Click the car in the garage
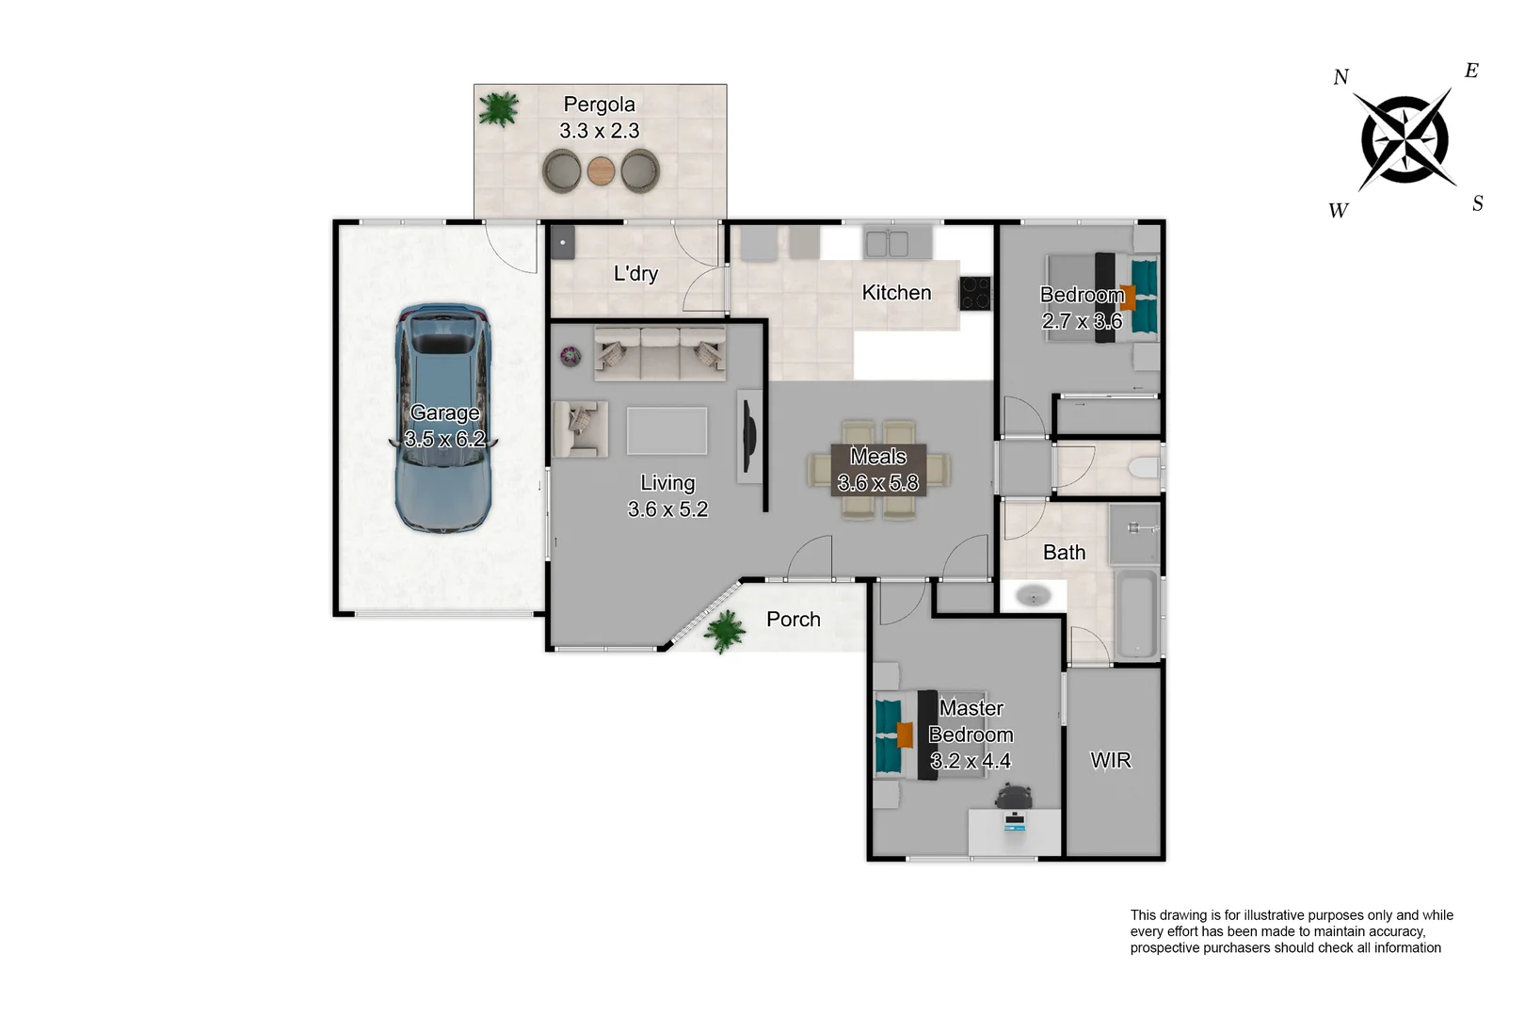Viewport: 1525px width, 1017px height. [442, 419]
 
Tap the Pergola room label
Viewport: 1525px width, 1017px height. [599, 105]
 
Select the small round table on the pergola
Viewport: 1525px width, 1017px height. [601, 171]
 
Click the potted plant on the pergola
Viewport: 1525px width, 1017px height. [498, 109]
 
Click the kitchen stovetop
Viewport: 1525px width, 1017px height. [974, 293]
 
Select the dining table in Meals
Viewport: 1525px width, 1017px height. [878, 470]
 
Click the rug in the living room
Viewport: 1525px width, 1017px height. [666, 430]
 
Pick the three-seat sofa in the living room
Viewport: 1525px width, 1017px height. [659, 353]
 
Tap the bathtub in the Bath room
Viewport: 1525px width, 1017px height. [1136, 613]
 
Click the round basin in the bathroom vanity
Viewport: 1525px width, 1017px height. [1033, 596]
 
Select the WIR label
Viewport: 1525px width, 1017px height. [1110, 760]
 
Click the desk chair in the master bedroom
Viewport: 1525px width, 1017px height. [1013, 799]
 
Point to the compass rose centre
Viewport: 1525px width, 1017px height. [1405, 139]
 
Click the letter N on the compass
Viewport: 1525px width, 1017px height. [1340, 77]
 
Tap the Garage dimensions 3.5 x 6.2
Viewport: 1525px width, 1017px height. [444, 439]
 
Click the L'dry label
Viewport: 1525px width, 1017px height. [635, 274]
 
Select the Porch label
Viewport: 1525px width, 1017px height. [793, 620]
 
